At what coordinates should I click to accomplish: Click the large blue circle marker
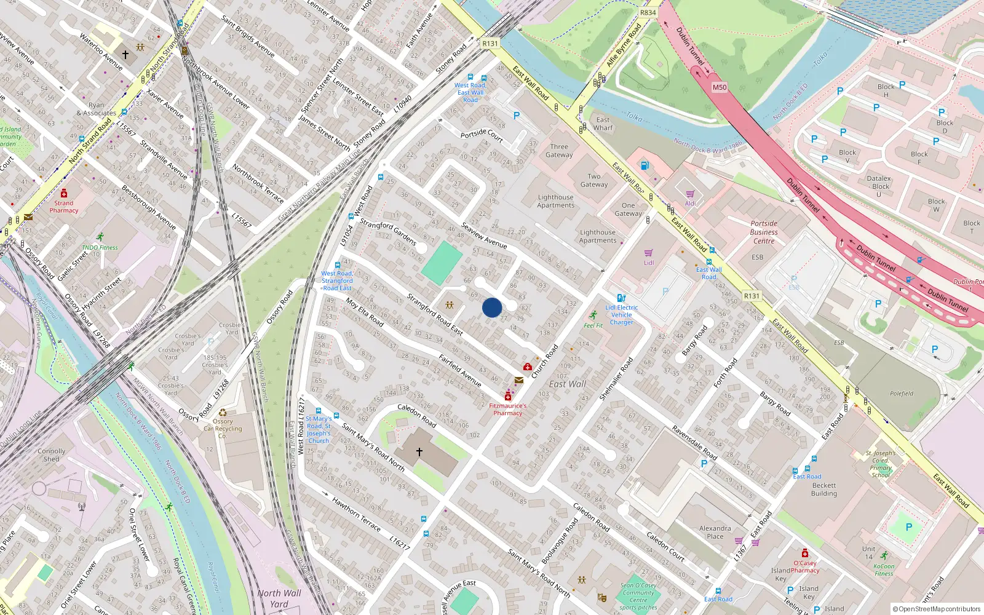coord(492,307)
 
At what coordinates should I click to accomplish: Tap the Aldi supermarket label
coord(691,204)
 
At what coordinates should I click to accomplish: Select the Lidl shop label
coord(649,263)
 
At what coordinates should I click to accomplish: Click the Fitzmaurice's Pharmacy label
coord(508,409)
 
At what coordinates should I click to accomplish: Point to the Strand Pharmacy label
coord(64,207)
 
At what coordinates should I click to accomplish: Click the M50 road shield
coord(720,87)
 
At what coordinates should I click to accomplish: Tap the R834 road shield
coord(648,12)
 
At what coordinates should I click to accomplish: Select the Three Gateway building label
coord(559,151)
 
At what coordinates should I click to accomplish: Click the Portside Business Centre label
coord(764,232)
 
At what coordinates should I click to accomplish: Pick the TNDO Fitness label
coord(100,248)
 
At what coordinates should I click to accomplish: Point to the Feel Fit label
coord(593,325)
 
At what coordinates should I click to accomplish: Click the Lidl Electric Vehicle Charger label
coord(622,314)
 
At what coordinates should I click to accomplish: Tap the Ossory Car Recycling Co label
coord(223,429)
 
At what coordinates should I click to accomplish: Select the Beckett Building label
coord(823,489)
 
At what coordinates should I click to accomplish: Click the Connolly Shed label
coord(52,454)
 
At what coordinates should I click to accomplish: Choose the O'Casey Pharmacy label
coord(805,566)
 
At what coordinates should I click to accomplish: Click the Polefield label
coord(902,394)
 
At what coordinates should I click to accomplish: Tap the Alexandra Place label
coord(715,532)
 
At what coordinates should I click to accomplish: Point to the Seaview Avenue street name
coord(484,236)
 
